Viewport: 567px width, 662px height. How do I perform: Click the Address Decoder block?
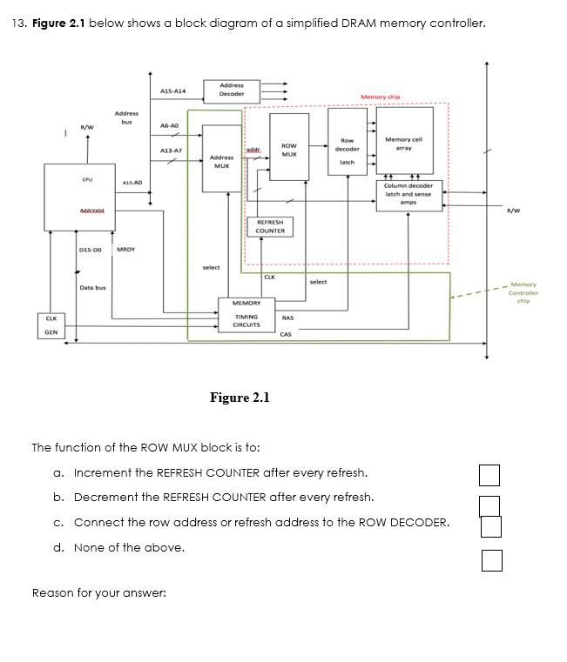click(x=232, y=90)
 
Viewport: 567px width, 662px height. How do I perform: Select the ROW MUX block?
click(x=289, y=148)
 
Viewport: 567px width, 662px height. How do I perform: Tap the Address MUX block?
click(x=221, y=161)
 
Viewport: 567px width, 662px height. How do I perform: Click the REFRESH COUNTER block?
click(x=270, y=226)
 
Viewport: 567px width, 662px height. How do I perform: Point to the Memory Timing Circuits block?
click(x=246, y=314)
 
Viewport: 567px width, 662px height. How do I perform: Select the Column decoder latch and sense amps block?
click(x=408, y=194)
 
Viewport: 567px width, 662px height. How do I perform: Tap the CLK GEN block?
click(x=51, y=325)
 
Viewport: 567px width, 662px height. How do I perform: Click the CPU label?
click(x=88, y=179)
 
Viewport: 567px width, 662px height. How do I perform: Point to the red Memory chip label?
click(x=380, y=97)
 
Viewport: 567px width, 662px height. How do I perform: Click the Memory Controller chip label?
click(x=523, y=292)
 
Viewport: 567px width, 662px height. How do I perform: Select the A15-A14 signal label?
click(x=173, y=91)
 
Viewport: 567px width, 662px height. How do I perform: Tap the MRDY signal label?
click(x=125, y=250)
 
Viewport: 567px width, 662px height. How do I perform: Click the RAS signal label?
click(x=287, y=318)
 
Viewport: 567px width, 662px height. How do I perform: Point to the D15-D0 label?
click(x=90, y=250)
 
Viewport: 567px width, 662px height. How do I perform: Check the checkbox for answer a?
click(x=489, y=474)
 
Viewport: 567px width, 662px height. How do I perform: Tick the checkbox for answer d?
click(x=492, y=561)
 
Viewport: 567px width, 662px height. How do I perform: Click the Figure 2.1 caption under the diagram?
click(x=240, y=398)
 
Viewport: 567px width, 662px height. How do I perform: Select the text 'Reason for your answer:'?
click(x=98, y=593)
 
